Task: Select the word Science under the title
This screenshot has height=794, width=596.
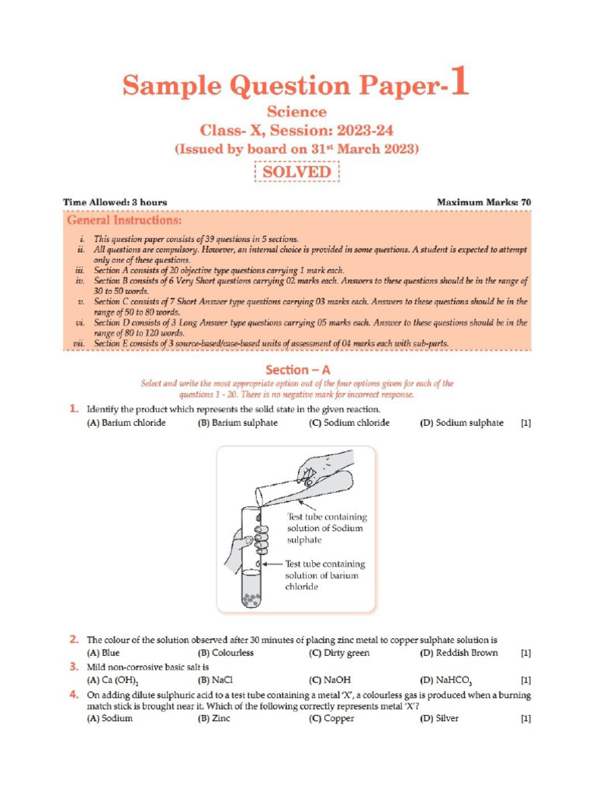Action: pyautogui.click(x=297, y=112)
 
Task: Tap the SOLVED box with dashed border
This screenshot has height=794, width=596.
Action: pyautogui.click(x=297, y=171)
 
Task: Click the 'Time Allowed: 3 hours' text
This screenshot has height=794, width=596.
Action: pyautogui.click(x=115, y=202)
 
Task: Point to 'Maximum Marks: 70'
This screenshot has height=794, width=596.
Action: pyautogui.click(x=484, y=202)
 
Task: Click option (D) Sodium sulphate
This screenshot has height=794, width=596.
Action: pyautogui.click(x=462, y=423)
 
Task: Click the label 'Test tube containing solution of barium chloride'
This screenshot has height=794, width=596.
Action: pyautogui.click(x=325, y=575)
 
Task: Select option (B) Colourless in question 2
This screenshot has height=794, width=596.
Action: pyautogui.click(x=226, y=653)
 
